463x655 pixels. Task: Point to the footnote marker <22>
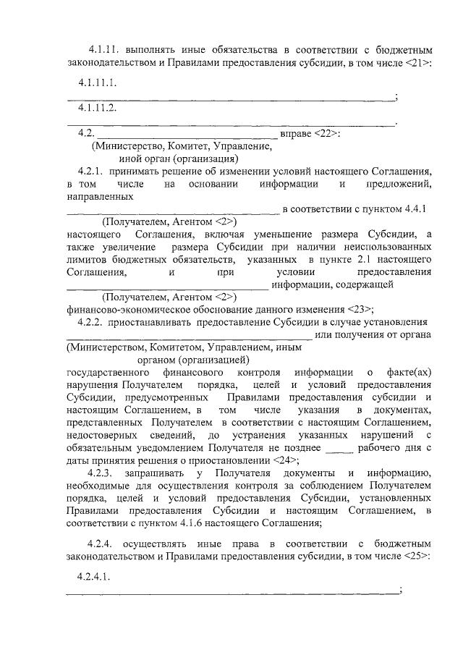(x=327, y=133)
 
